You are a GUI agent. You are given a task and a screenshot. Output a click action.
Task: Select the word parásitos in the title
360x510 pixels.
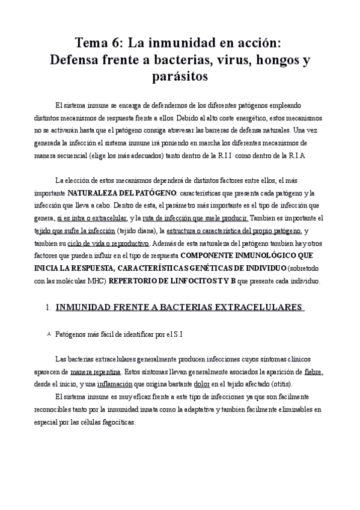[x=180, y=78]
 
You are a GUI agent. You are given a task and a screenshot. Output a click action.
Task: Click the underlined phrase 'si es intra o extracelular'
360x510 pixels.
[x=92, y=218]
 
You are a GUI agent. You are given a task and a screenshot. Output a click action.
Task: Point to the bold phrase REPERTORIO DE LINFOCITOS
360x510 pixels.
[x=175, y=281]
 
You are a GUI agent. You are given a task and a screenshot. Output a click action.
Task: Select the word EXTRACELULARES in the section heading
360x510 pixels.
[x=258, y=307]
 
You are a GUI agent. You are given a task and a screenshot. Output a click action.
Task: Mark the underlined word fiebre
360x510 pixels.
[x=314, y=372]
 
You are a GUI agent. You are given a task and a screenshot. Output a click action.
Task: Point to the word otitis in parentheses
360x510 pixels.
[x=281, y=384]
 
